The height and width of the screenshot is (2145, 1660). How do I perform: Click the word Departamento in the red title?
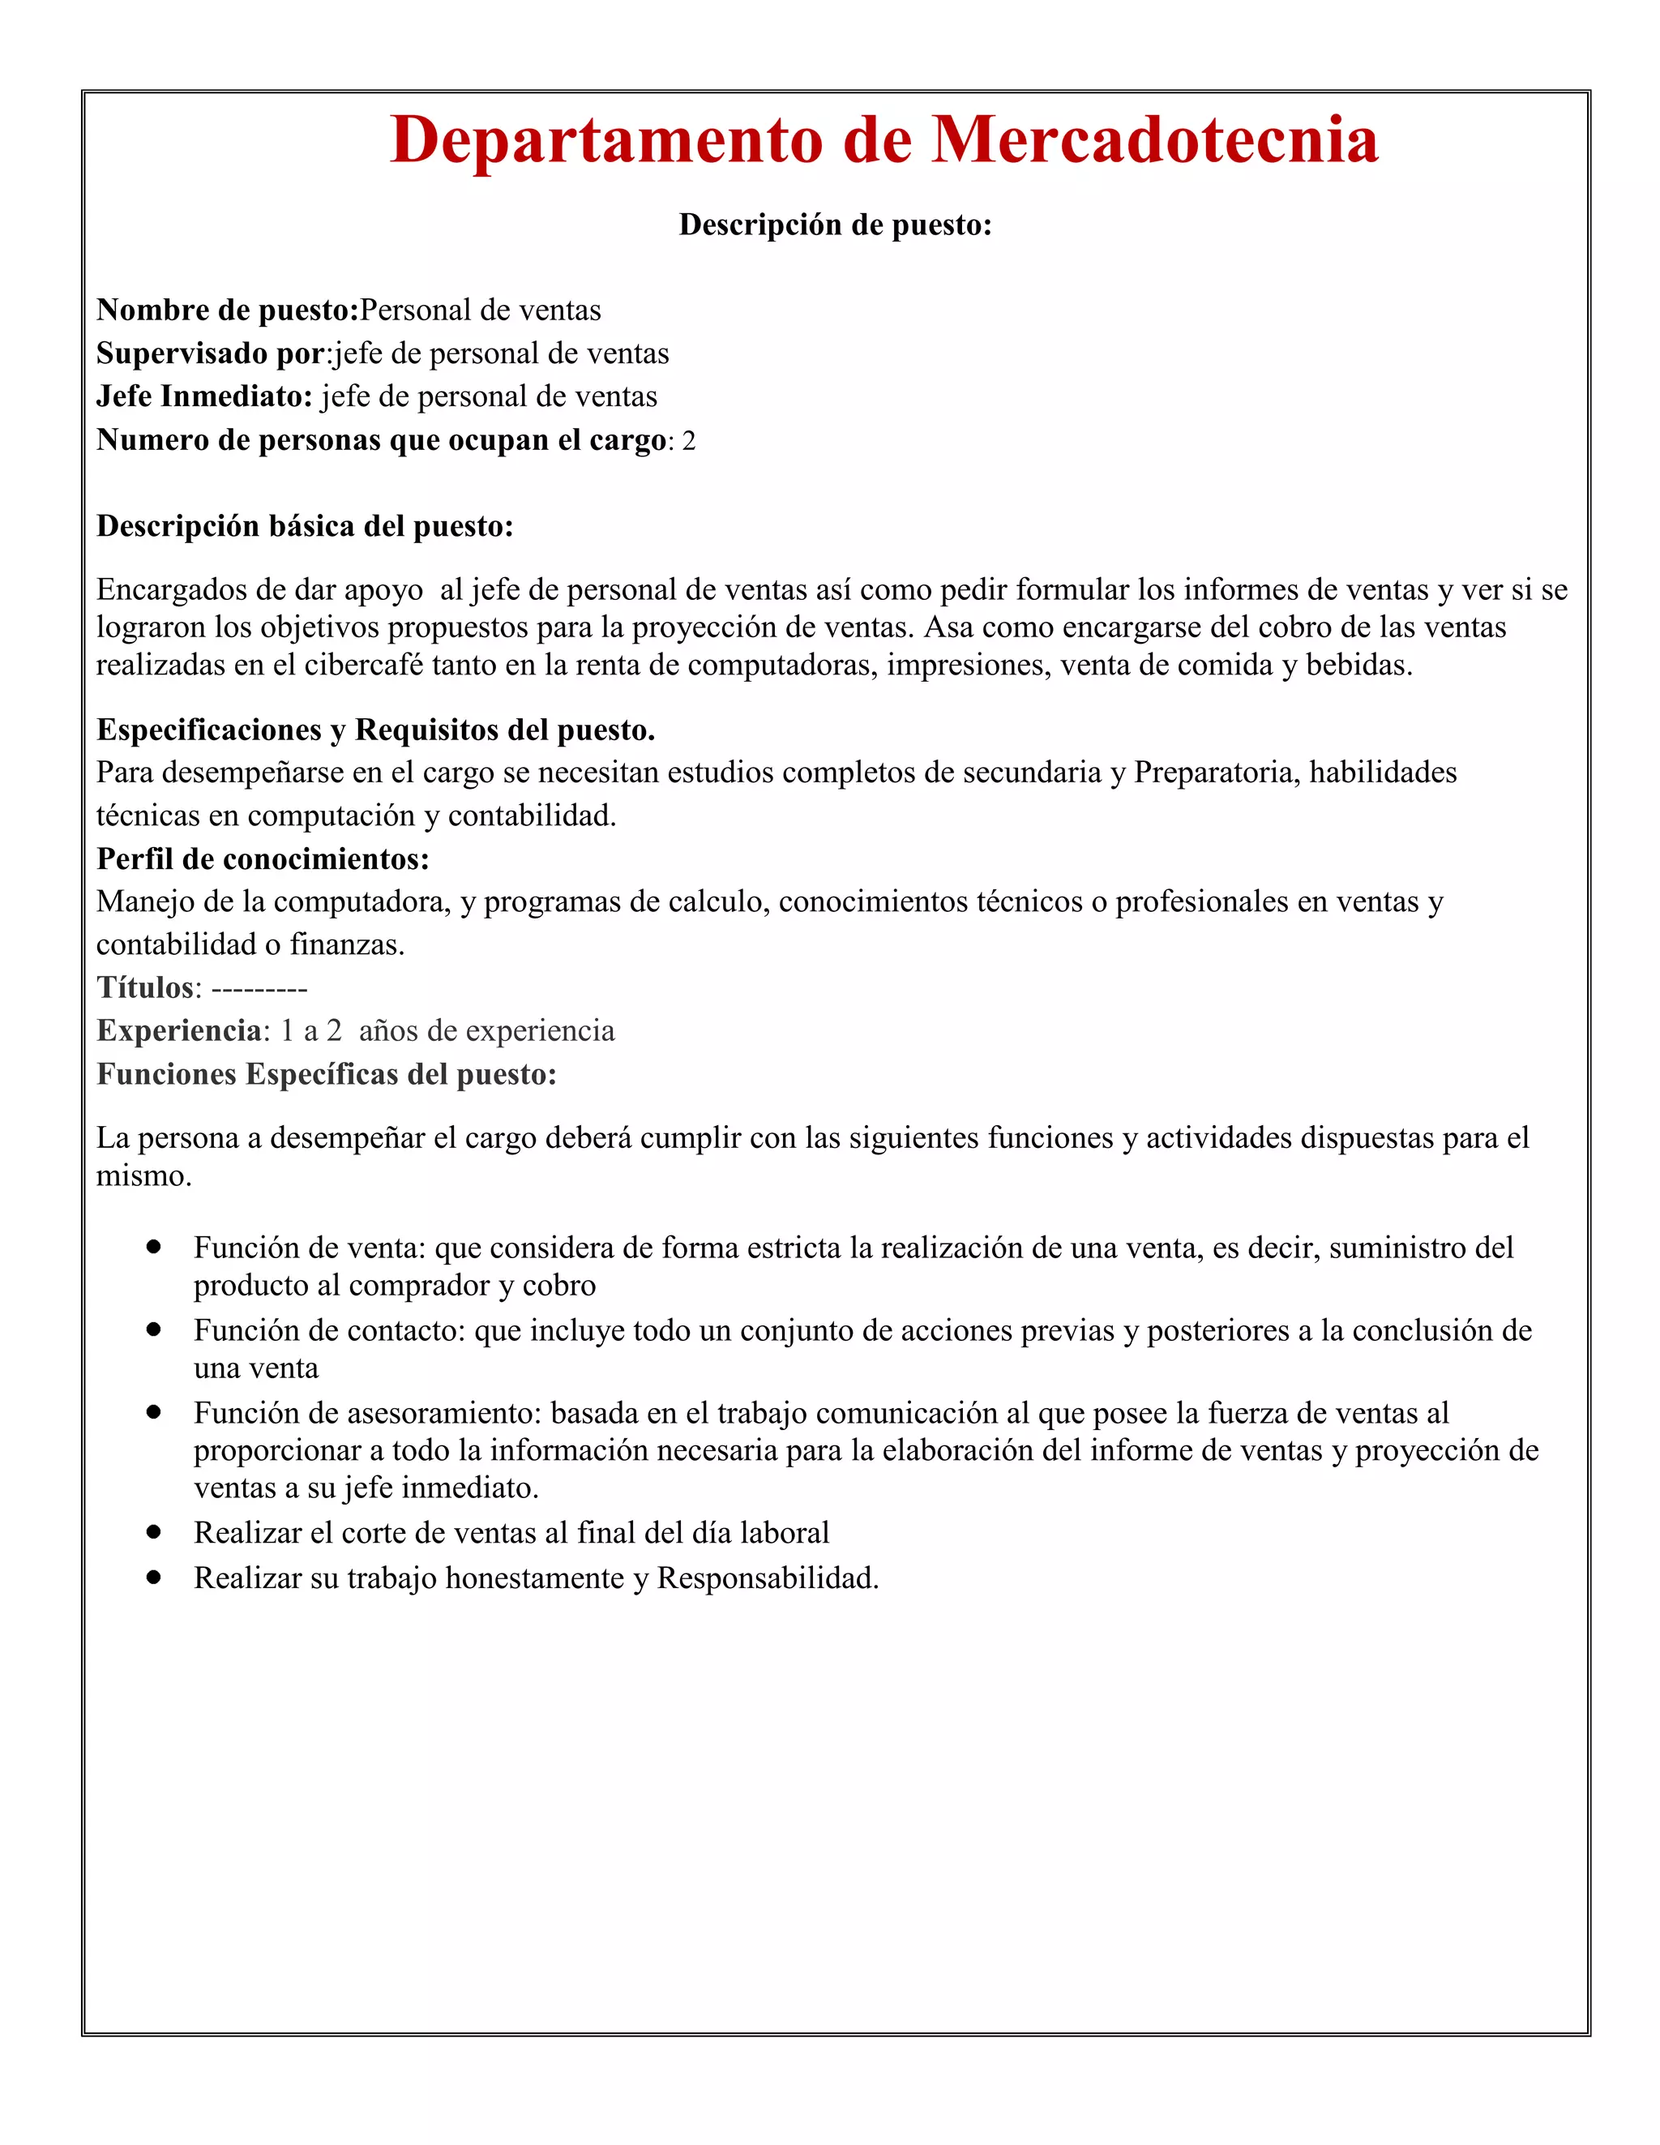606,139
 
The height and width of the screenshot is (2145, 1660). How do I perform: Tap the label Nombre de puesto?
227,310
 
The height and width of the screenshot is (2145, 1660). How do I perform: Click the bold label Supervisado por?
210,353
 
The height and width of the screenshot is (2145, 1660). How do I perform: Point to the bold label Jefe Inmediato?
204,396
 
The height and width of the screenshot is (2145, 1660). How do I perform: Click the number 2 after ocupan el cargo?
688,441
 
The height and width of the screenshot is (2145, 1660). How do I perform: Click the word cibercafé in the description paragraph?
363,666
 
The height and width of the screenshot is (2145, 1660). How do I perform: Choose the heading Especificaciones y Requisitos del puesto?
375,730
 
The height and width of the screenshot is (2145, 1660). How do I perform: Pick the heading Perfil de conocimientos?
263,859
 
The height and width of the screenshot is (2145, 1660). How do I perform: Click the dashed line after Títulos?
259,988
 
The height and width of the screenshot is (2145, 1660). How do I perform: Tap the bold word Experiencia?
179,1031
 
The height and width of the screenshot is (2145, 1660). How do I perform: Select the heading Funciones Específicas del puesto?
326,1074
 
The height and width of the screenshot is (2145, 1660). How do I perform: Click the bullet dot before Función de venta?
153,1246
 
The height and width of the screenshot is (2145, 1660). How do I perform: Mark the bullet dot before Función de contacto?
153,1329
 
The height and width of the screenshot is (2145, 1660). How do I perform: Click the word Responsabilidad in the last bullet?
766,1578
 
